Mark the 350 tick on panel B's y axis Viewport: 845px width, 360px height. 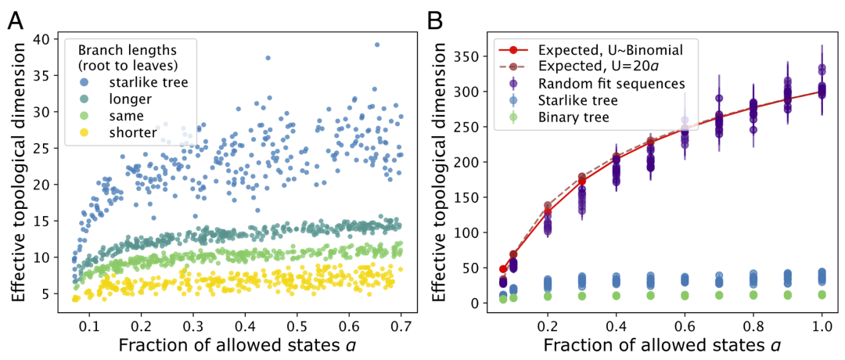[x=469, y=56]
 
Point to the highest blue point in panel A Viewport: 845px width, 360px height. [x=376, y=45]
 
